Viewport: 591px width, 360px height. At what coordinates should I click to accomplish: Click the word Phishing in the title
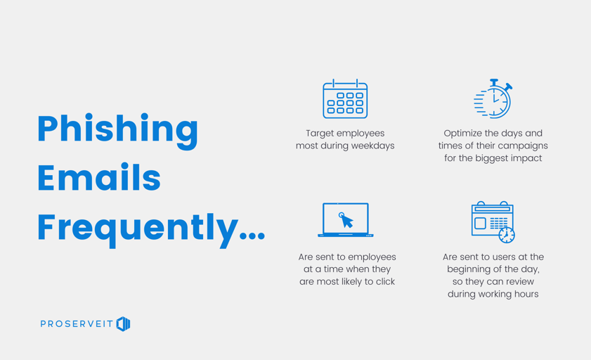tap(117, 131)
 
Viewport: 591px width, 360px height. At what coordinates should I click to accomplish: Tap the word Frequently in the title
tap(138, 229)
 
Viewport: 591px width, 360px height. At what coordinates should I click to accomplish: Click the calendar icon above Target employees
tap(345, 98)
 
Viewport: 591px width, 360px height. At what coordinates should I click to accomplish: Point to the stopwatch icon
tap(493, 98)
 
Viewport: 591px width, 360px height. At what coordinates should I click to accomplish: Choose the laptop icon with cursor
tap(346, 220)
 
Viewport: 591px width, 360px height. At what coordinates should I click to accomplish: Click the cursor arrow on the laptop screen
tap(346, 220)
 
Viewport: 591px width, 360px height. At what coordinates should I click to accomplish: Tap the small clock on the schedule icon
tap(507, 235)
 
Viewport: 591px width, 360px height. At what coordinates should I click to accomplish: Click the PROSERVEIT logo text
tap(77, 324)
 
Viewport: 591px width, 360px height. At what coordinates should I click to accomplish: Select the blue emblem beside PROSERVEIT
tap(123, 324)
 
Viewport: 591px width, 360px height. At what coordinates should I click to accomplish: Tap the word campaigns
tap(525, 146)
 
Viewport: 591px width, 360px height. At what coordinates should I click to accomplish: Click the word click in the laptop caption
tap(385, 281)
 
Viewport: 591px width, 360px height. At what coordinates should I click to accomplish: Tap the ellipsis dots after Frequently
tap(252, 236)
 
